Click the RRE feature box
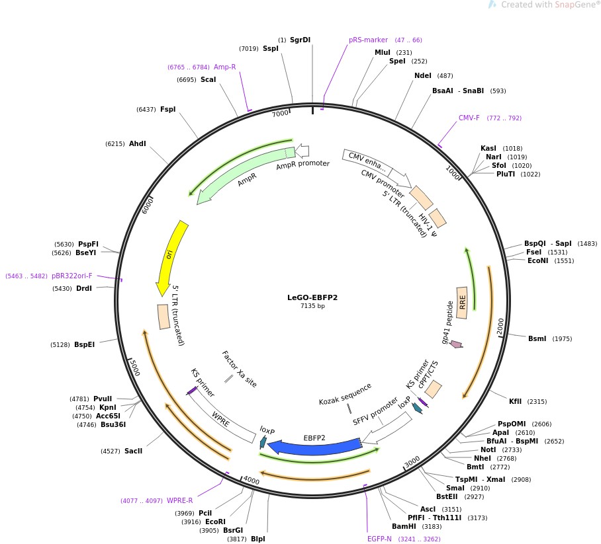click(x=462, y=302)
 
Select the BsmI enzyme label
click(x=537, y=339)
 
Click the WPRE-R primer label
click(x=180, y=500)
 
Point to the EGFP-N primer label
click(x=379, y=539)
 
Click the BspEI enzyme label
click(x=84, y=344)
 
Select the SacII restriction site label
click(x=133, y=451)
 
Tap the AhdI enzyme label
click(x=138, y=143)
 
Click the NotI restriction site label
click(x=479, y=449)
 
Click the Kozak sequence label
click(x=345, y=395)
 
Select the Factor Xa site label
click(x=240, y=369)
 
